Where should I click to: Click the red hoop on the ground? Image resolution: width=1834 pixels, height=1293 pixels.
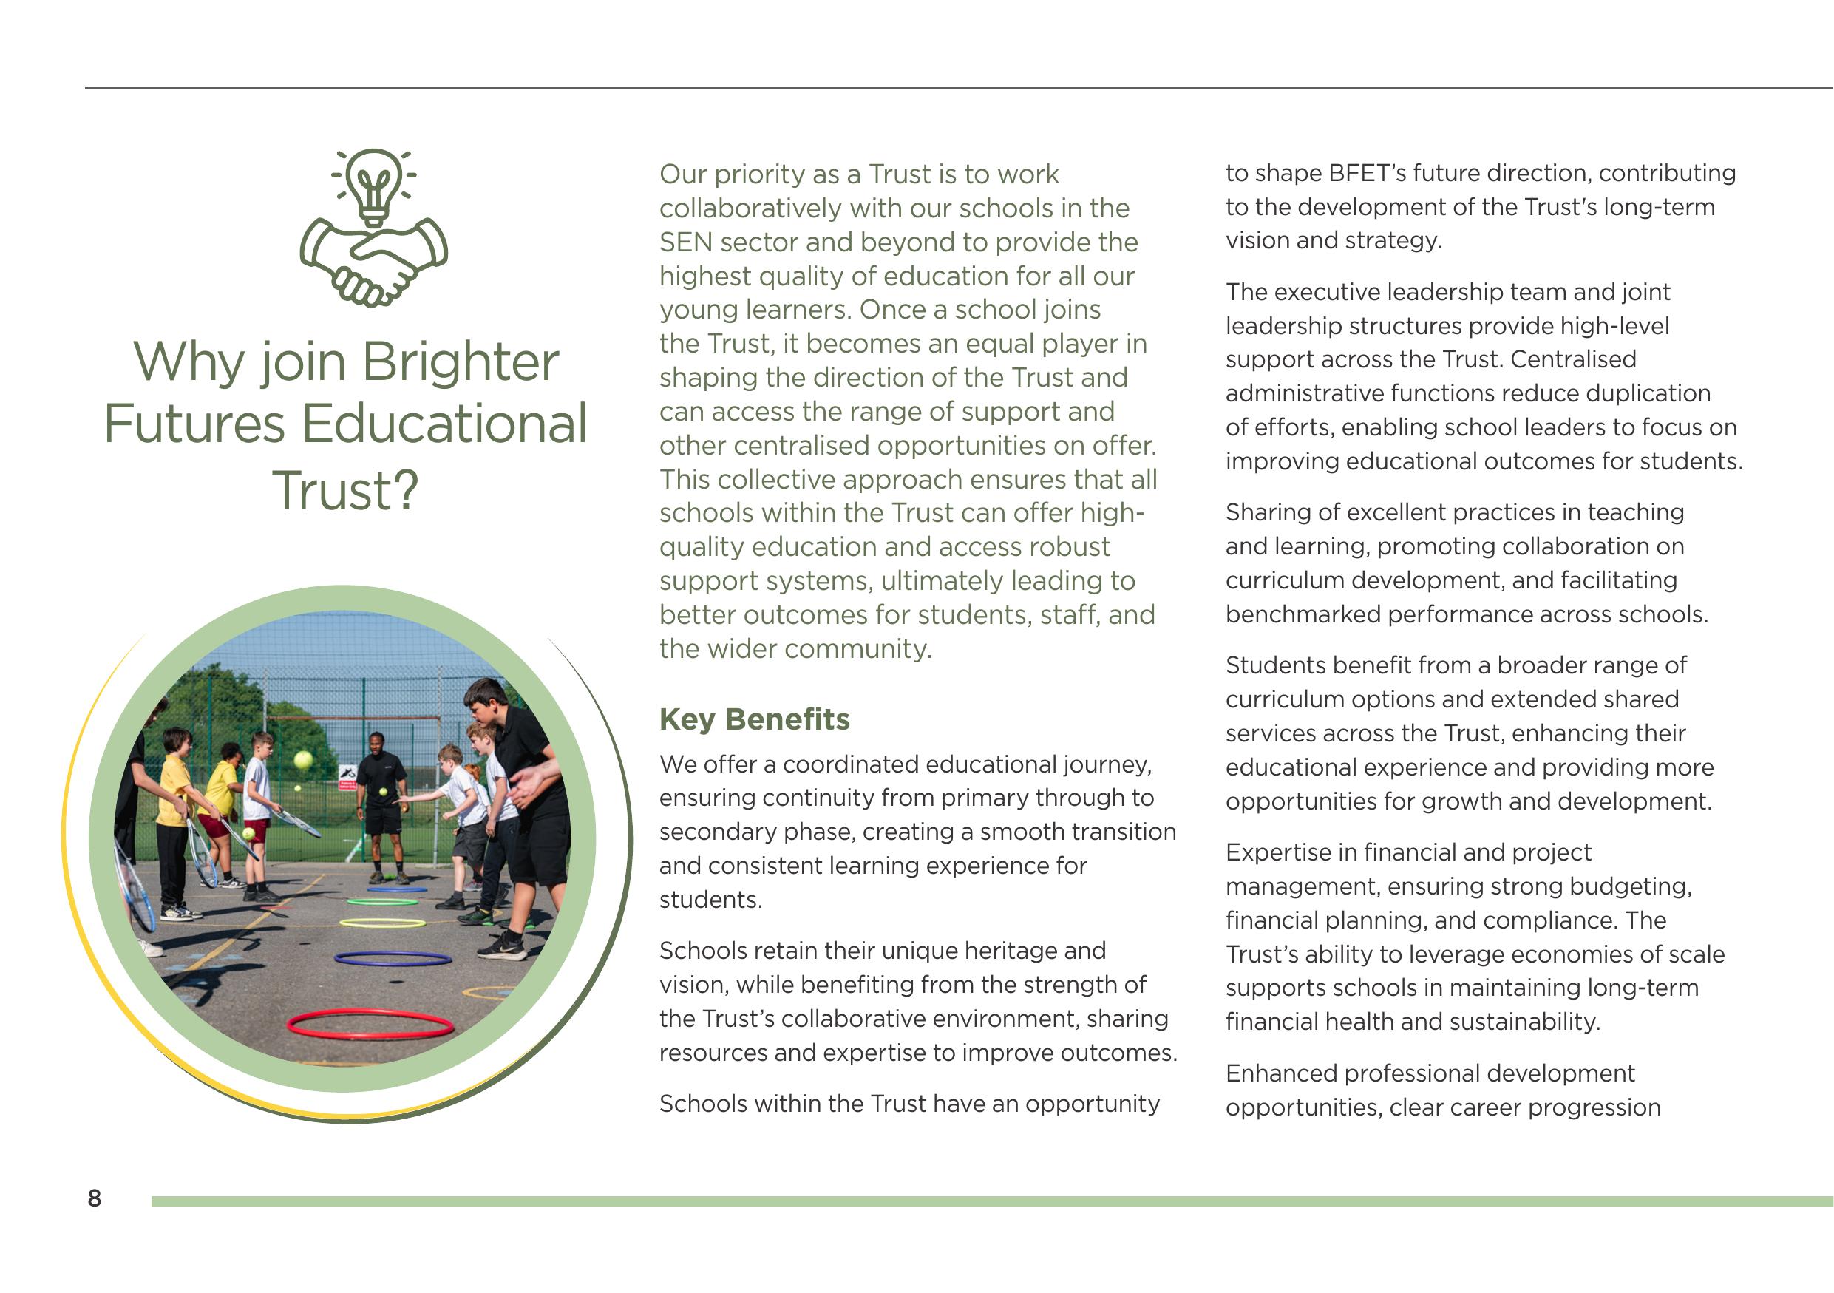point(370,1024)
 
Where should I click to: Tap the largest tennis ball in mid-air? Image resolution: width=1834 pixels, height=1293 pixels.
point(303,759)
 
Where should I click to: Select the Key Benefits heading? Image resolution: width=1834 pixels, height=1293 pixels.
point(754,719)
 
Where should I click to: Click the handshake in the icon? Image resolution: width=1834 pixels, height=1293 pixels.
point(374,263)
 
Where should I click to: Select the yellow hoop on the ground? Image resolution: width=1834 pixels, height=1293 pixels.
point(383,923)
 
